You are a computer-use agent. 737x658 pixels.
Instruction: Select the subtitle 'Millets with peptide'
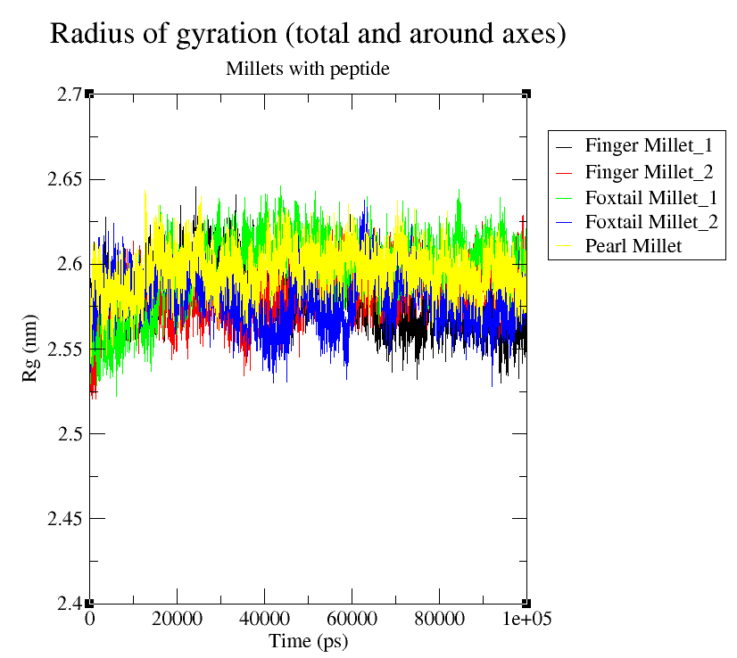tap(308, 69)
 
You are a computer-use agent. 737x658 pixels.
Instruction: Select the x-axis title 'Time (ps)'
tap(308, 640)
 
